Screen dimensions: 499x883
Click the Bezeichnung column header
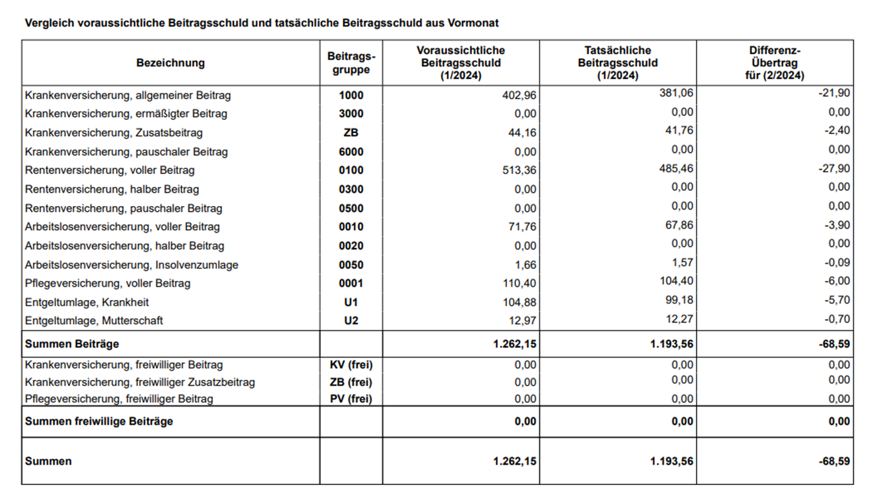[x=170, y=63]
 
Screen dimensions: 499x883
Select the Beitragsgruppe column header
[x=351, y=63]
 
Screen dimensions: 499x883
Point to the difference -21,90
[x=835, y=93]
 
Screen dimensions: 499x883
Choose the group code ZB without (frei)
[x=351, y=132]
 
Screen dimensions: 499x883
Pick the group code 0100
[x=351, y=170]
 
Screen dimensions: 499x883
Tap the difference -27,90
[x=835, y=169]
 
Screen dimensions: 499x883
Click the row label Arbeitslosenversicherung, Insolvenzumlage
[x=132, y=265]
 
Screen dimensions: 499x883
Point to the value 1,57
[x=683, y=263]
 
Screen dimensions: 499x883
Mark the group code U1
[x=351, y=303]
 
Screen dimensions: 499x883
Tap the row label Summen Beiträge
[x=72, y=344]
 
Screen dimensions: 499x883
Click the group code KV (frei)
[x=351, y=365]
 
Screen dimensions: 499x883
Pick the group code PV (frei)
[x=351, y=399]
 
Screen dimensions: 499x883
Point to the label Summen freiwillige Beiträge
[x=99, y=421]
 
